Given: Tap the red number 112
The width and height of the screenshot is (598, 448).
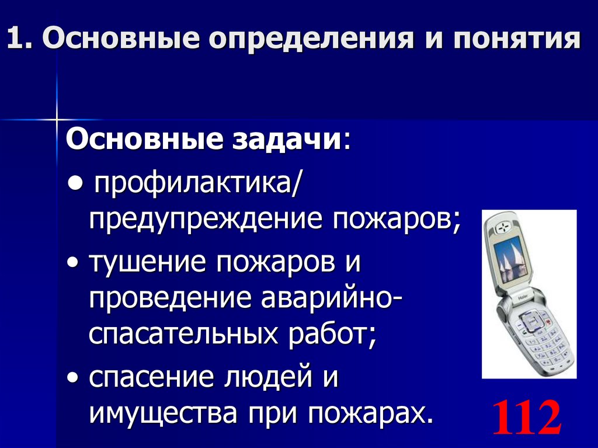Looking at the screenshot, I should pyautogui.click(x=526, y=416).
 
